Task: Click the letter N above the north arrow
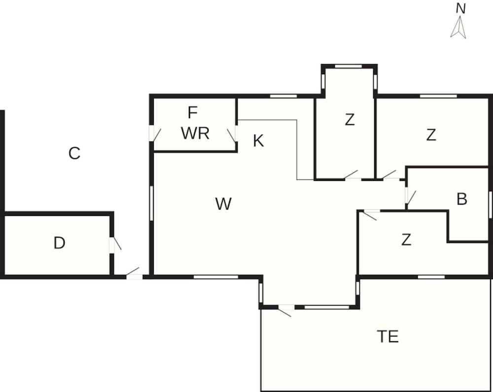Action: pyautogui.click(x=460, y=8)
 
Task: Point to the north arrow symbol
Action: pyautogui.click(x=458, y=27)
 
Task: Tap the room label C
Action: pyautogui.click(x=74, y=153)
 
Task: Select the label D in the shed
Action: pyautogui.click(x=60, y=243)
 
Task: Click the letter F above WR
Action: pyautogui.click(x=192, y=112)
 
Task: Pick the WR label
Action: pyautogui.click(x=195, y=133)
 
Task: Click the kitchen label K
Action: pyautogui.click(x=258, y=141)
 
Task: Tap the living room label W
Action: pyautogui.click(x=223, y=204)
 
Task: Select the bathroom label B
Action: pyautogui.click(x=461, y=199)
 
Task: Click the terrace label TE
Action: pyautogui.click(x=387, y=336)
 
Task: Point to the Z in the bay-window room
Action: pyautogui.click(x=350, y=120)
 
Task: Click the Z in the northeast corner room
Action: pyautogui.click(x=431, y=135)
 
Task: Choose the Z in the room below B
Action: pyautogui.click(x=406, y=240)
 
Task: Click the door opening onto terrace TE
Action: pyautogui.click(x=285, y=309)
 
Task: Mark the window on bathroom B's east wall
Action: pyautogui.click(x=490, y=204)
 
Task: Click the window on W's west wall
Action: pyautogui.click(x=151, y=203)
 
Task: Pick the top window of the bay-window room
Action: pyautogui.click(x=349, y=66)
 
